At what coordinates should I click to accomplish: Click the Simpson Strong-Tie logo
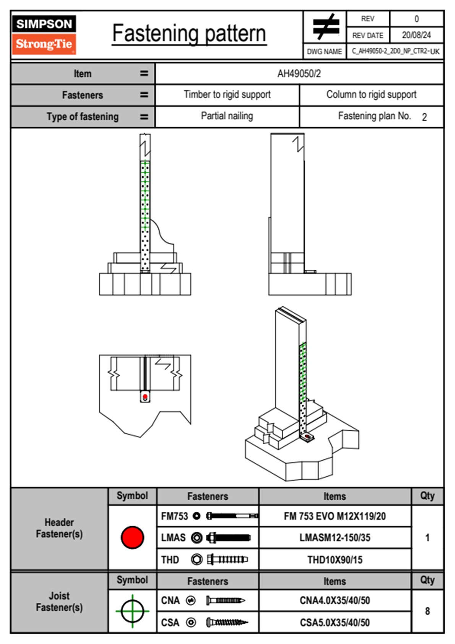tap(44, 34)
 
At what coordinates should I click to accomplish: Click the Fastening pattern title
tap(189, 34)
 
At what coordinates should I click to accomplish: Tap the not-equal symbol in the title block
tap(325, 27)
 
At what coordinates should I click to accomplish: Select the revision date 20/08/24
tap(416, 35)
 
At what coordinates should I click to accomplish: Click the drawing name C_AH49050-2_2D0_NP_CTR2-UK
tap(395, 51)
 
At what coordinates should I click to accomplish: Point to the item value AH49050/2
tap(299, 74)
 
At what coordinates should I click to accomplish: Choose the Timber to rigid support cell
tap(227, 95)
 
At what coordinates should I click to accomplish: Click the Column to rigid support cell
tap(371, 95)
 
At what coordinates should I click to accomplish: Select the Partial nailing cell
tap(227, 116)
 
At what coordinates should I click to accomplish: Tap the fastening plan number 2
tap(424, 117)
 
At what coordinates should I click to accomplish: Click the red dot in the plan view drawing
tap(145, 397)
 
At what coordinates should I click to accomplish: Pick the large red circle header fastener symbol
tap(132, 537)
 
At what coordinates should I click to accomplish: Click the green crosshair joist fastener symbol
tap(132, 611)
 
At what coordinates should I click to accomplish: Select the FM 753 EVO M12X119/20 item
tap(335, 517)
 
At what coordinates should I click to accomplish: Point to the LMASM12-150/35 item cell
tap(335, 538)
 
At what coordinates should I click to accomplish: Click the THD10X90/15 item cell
tap(335, 560)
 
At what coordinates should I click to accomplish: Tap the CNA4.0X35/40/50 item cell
tap(335, 600)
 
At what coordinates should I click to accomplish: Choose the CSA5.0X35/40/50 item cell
tap(335, 623)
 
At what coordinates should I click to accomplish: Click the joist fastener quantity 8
tap(427, 611)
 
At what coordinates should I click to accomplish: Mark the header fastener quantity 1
tap(427, 538)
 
